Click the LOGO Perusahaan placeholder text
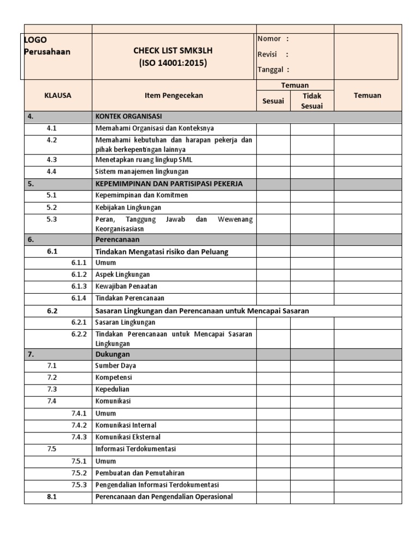pyautogui.click(x=48, y=46)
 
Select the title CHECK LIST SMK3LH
pyautogui.click(x=173, y=51)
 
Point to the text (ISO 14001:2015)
pyautogui.click(x=173, y=63)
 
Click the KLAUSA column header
pyautogui.click(x=58, y=95)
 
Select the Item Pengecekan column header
pyautogui.click(x=174, y=95)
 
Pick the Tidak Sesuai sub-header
pyautogui.click(x=312, y=101)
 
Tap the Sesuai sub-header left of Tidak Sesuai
pyautogui.click(x=273, y=101)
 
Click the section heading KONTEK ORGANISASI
pyautogui.click(x=128, y=116)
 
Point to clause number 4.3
pyautogui.click(x=52, y=160)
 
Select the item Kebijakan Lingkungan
pyautogui.click(x=128, y=207)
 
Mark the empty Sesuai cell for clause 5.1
pyautogui.click(x=273, y=195)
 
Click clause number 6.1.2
pyautogui.click(x=79, y=274)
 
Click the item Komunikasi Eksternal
pyautogui.click(x=128, y=437)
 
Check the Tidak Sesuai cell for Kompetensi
pyautogui.click(x=312, y=377)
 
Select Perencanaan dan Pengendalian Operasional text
pyautogui.click(x=164, y=497)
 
